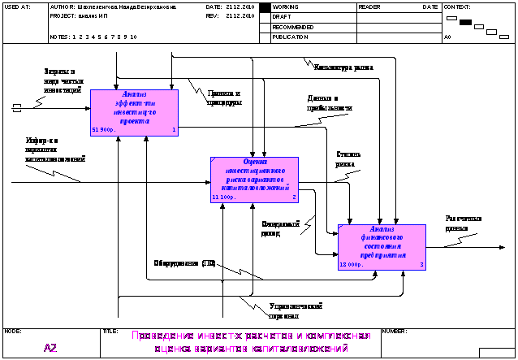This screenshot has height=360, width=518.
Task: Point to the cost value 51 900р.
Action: pyautogui.click(x=106, y=129)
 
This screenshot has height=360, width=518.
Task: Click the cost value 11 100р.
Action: pyautogui.click(x=223, y=197)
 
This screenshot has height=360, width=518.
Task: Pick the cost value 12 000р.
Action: pyautogui.click(x=351, y=264)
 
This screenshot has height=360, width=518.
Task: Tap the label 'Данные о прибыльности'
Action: pyautogui.click(x=330, y=103)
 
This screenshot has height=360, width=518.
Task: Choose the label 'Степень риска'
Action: pyautogui.click(x=347, y=159)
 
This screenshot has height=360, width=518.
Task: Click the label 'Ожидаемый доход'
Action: pyautogui.click(x=281, y=228)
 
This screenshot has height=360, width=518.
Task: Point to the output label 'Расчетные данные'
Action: pyautogui.click(x=464, y=223)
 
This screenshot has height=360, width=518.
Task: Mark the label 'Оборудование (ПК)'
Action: pyautogui.click(x=185, y=263)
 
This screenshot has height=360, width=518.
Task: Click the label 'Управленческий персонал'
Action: pyautogui.click(x=296, y=310)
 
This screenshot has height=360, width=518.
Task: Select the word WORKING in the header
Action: pyautogui.click(x=286, y=7)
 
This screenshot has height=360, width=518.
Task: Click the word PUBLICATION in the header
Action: pyautogui.click(x=291, y=37)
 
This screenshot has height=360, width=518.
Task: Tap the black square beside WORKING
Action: pyautogui.click(x=265, y=7)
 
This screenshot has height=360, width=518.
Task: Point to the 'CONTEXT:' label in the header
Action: pyautogui.click(x=458, y=7)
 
